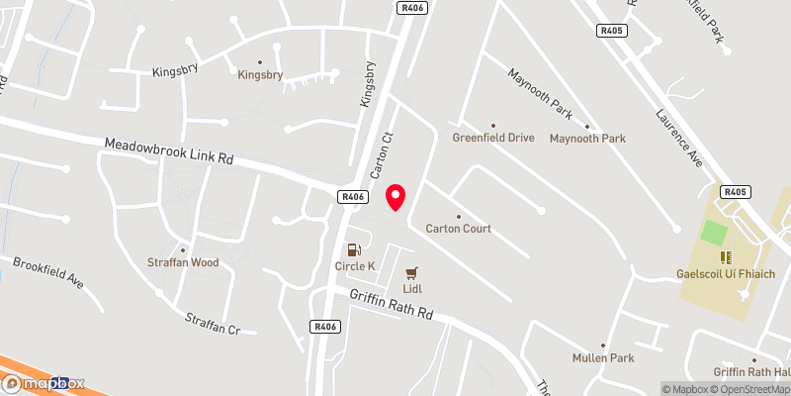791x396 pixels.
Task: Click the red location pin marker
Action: pos(396,197)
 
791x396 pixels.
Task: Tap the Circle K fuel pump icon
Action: pos(352,249)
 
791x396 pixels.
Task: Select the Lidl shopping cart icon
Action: pos(412,272)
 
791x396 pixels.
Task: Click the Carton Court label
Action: pos(458,229)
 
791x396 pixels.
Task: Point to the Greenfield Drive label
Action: pos(493,138)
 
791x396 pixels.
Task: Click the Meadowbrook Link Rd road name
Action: pos(168,151)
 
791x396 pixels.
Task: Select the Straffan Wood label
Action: pos(183,262)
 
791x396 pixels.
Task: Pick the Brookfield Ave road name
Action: pos(48,271)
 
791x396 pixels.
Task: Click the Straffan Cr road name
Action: pos(213,323)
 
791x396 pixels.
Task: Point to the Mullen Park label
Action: pos(602,357)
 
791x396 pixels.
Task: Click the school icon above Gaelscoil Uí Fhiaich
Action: pos(725,256)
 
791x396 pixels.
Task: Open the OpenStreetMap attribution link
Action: pos(747,389)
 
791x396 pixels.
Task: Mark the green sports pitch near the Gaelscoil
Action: pos(714,234)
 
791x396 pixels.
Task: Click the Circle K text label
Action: pos(356,266)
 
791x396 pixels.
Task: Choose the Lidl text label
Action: pos(412,289)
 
